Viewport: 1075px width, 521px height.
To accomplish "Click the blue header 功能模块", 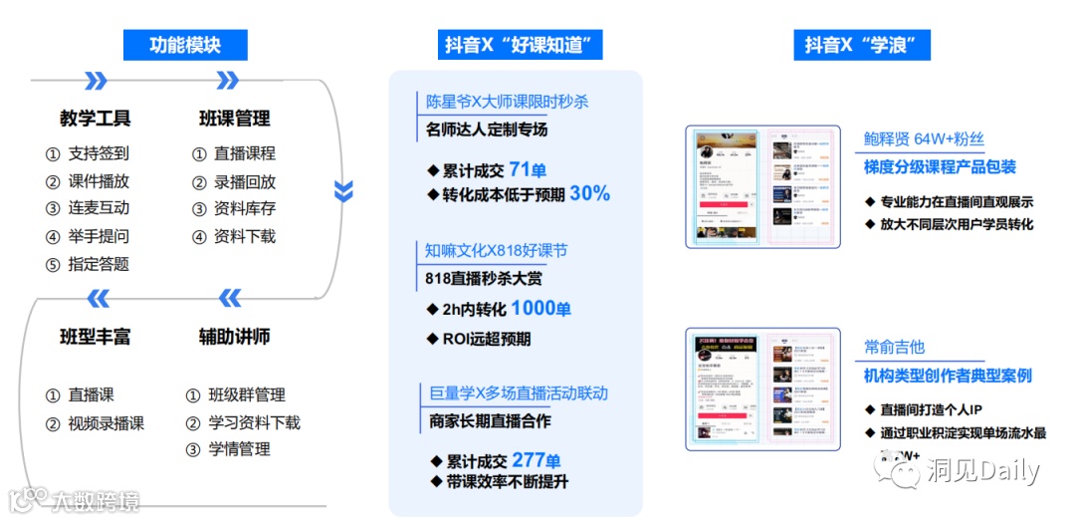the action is tap(184, 45).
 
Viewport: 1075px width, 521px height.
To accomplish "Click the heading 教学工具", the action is tap(96, 119).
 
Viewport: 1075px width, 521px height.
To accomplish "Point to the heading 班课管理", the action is tap(234, 119).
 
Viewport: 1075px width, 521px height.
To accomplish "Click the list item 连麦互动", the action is tap(99, 208).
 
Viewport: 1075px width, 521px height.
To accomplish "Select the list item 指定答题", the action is tap(99, 264).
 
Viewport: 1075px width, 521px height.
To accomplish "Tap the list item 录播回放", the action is tap(244, 181).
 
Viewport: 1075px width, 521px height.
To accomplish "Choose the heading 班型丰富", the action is tap(96, 337).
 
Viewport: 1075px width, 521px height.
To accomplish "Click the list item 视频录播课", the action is tap(106, 423).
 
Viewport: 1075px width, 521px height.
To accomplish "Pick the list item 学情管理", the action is tap(239, 449).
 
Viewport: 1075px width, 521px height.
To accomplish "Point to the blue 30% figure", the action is tap(589, 194).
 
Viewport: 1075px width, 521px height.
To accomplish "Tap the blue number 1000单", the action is tap(541, 309).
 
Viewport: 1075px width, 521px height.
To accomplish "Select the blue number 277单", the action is tap(537, 460).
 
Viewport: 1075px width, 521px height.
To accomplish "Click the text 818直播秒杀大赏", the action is tap(484, 279).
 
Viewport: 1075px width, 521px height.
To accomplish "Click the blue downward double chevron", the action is tap(343, 189).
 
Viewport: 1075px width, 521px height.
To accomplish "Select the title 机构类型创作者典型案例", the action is tap(948, 376).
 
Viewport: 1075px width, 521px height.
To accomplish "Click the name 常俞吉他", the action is tap(894, 347).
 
